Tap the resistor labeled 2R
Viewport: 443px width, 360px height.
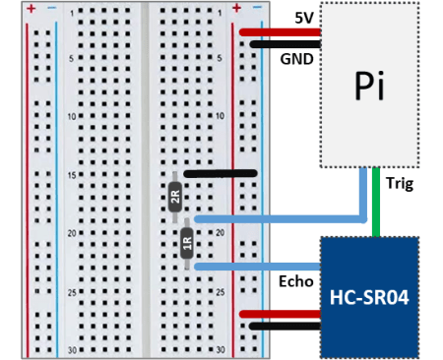[175, 197]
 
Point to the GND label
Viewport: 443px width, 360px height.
[296, 58]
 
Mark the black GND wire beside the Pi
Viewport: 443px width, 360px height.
[285, 43]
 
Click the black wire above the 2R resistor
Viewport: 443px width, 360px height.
[221, 174]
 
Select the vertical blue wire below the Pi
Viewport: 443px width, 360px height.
[362, 192]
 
